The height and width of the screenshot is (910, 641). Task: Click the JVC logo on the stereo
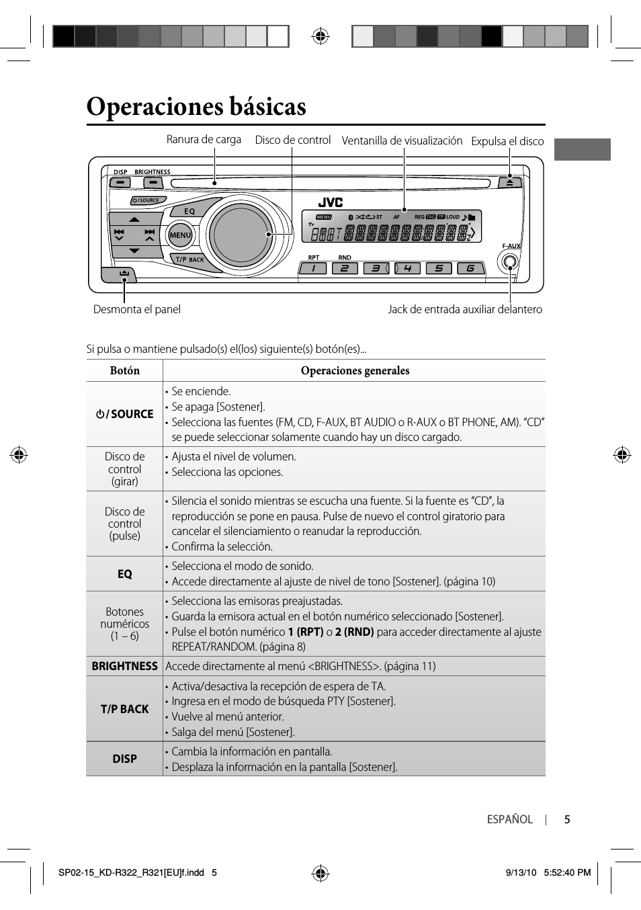tap(330, 202)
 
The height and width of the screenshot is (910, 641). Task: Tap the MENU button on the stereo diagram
tap(180, 235)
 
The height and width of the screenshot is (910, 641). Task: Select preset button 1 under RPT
tap(313, 268)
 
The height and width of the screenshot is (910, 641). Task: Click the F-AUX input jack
tap(510, 262)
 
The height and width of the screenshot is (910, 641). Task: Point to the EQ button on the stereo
tap(190, 211)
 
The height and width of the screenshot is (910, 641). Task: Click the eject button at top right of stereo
tap(509, 182)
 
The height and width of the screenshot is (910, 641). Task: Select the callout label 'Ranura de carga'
tap(204, 139)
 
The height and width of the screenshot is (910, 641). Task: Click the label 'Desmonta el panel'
tap(136, 309)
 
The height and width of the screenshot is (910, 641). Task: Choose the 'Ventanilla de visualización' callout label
tap(402, 140)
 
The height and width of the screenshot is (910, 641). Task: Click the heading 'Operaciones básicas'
tap(196, 107)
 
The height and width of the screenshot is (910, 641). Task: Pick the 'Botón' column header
tap(125, 370)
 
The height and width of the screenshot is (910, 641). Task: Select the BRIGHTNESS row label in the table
tap(125, 666)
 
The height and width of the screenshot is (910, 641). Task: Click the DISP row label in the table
tap(125, 759)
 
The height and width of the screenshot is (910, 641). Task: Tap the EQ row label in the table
tap(125, 574)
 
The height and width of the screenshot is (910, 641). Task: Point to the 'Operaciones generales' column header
tap(355, 370)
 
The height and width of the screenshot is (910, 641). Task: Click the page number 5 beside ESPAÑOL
tap(567, 819)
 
